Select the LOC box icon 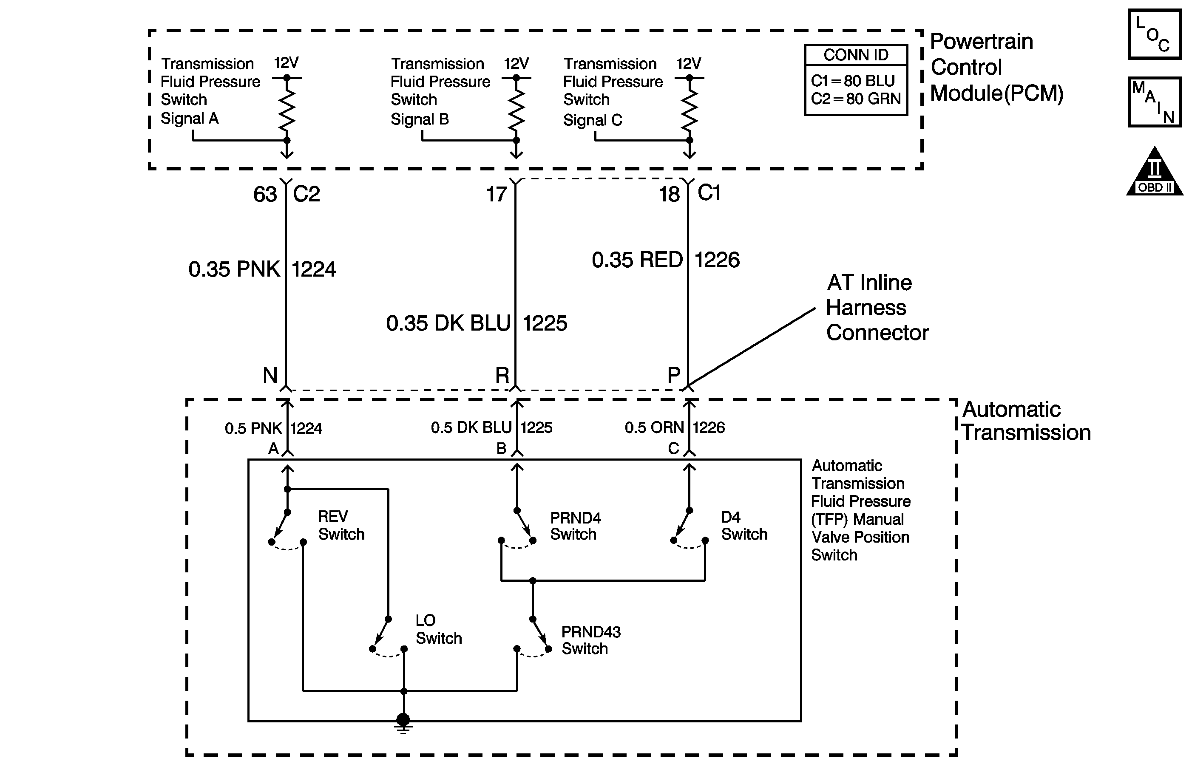1154,34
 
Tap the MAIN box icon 1154,102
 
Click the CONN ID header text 856,55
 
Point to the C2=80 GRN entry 856,99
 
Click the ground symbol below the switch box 403,724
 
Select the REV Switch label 341,525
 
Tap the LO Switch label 439,629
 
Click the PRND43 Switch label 591,640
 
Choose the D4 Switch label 744,525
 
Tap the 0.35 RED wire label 637,260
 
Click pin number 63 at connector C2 265,195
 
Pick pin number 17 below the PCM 497,195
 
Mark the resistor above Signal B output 516,109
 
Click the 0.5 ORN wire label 654,428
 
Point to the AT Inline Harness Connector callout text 877,308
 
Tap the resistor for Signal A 287,109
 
